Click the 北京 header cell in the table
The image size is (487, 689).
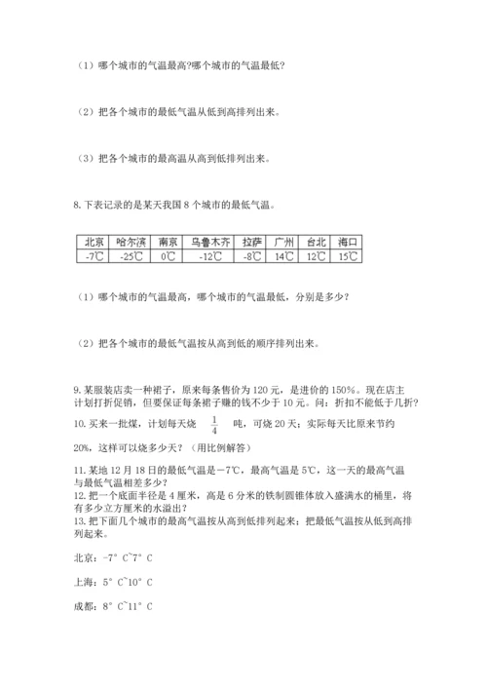click(x=94, y=241)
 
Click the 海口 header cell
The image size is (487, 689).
click(x=347, y=241)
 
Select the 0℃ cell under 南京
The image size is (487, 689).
click(x=169, y=256)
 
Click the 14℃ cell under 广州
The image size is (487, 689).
click(x=284, y=256)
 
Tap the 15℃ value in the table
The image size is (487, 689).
click(x=347, y=256)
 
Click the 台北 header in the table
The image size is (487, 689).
click(x=316, y=241)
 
